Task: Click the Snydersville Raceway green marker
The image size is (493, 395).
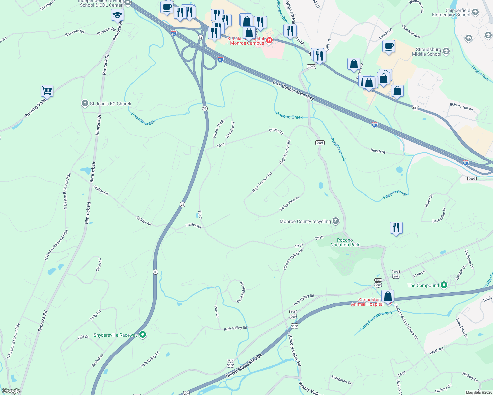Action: click(143, 335)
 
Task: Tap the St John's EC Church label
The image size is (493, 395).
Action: click(110, 104)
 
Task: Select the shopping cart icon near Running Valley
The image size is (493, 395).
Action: click(47, 90)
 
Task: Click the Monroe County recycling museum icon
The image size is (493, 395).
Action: click(336, 221)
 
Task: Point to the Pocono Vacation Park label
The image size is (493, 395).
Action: click(345, 243)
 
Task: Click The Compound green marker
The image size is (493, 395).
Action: click(444, 285)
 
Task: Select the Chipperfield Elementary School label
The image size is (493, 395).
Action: click(451, 13)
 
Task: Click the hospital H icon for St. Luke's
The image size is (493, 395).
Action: click(269, 40)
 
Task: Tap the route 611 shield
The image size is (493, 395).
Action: click(415, 108)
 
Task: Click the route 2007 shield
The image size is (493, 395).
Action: click(472, 178)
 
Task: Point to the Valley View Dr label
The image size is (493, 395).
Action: click(289, 204)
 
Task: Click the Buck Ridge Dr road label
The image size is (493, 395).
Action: click(241, 292)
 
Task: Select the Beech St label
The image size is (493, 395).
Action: click(378, 151)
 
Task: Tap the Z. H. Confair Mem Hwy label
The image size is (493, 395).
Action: click(293, 90)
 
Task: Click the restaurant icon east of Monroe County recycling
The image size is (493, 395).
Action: click(396, 227)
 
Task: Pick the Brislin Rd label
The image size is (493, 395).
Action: click(276, 131)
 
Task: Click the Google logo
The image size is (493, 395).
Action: click(11, 391)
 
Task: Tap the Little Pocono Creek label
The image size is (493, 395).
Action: click(376, 320)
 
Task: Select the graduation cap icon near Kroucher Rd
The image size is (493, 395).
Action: click(117, 15)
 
